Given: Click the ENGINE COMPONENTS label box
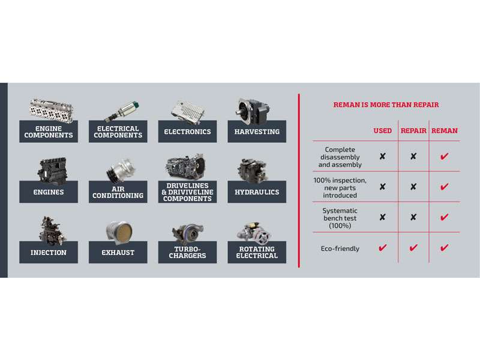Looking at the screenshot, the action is click(x=49, y=131).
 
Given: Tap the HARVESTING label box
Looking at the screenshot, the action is click(x=257, y=131).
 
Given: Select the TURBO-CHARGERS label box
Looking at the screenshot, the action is click(x=187, y=252).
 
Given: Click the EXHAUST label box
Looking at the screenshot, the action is click(x=118, y=252).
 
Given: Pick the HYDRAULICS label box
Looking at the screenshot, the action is click(x=257, y=192).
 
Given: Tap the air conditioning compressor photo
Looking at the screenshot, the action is click(x=121, y=170).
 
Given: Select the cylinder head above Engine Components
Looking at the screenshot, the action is click(x=51, y=111).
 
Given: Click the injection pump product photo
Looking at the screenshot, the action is click(x=52, y=230).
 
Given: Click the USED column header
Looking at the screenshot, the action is click(x=382, y=131).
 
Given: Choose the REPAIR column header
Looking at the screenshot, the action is click(x=413, y=131).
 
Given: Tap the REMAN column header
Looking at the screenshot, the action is click(x=445, y=131).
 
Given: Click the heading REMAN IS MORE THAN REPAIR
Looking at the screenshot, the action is click(x=386, y=104).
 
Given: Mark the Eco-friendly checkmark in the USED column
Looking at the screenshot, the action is click(x=382, y=247).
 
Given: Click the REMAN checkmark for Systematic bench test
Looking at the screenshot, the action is click(x=444, y=217).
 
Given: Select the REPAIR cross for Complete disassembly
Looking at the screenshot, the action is click(x=413, y=157).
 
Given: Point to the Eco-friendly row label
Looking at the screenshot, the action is click(x=340, y=248).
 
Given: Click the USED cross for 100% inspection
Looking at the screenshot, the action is click(x=382, y=187).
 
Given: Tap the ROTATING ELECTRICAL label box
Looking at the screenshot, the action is click(x=257, y=252).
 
